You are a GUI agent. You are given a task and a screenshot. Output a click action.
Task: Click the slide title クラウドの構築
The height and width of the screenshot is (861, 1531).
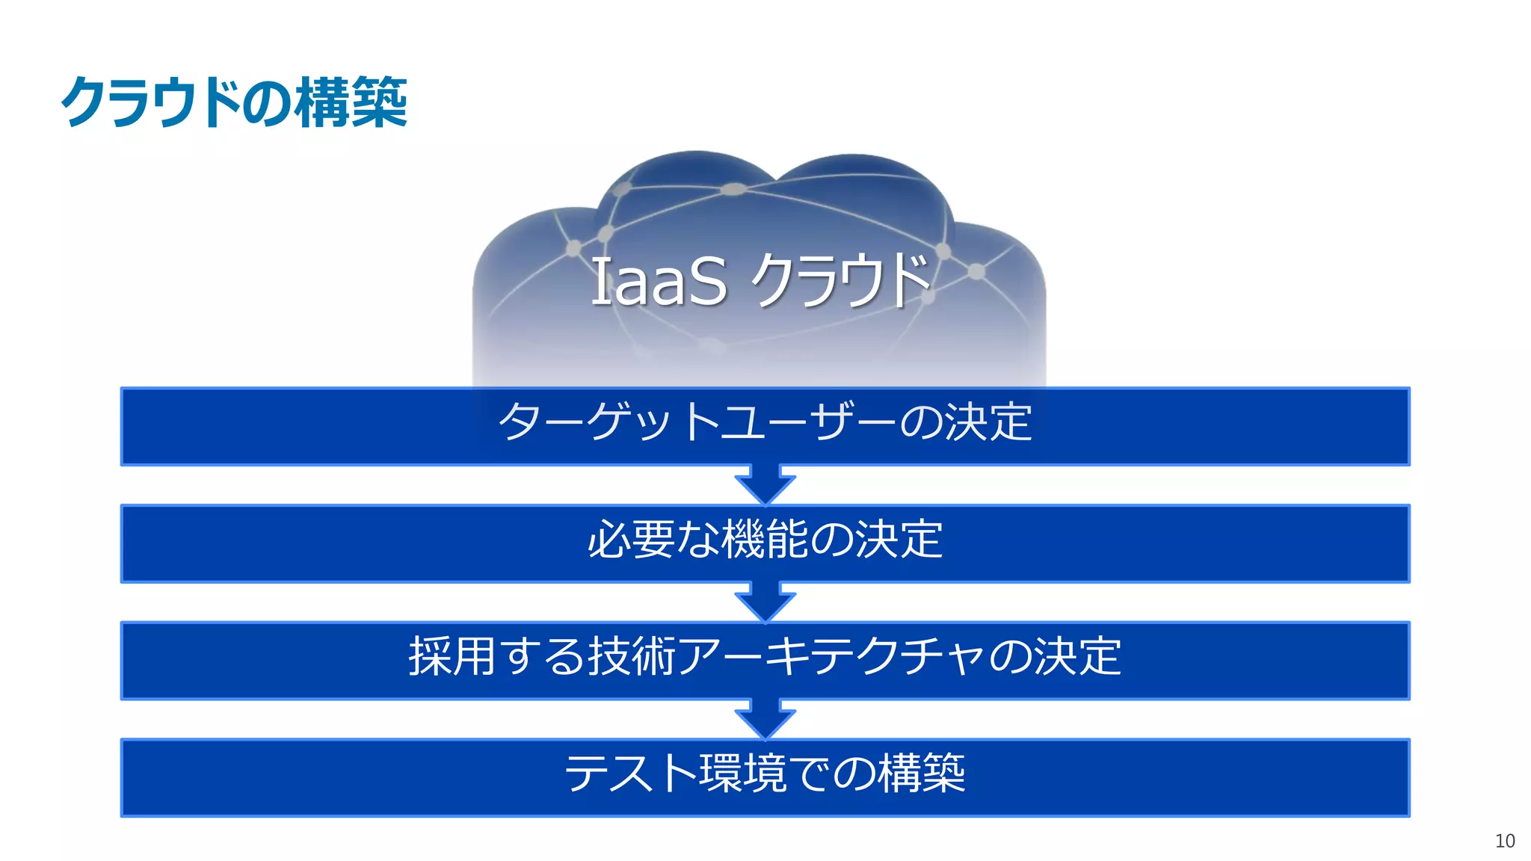tap(233, 102)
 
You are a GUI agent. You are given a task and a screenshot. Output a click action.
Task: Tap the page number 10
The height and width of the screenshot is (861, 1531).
tap(1505, 841)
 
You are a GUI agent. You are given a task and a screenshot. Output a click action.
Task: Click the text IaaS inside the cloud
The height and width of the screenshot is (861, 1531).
tap(658, 281)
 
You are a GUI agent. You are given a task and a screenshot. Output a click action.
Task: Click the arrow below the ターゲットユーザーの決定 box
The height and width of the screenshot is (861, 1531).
tap(765, 485)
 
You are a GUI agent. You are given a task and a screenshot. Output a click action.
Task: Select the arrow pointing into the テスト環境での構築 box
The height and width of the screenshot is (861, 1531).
tap(765, 720)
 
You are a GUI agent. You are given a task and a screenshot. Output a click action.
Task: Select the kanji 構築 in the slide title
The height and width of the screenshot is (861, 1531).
tap(351, 102)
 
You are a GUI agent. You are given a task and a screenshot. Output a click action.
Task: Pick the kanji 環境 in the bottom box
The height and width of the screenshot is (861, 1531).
tap(742, 773)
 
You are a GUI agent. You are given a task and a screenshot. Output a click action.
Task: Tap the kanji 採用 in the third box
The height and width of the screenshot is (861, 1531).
tap(452, 656)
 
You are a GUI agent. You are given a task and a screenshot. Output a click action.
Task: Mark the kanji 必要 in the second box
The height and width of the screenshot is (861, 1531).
tap(631, 539)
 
